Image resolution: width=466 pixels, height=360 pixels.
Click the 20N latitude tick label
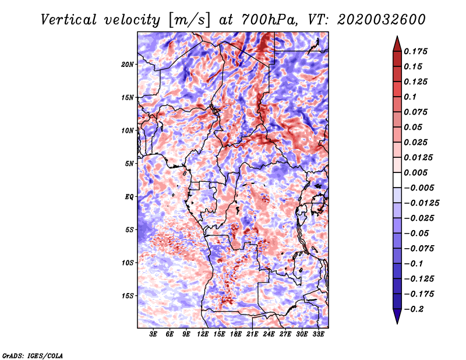coord(128,64)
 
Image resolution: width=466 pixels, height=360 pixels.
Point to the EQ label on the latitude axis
coord(129,197)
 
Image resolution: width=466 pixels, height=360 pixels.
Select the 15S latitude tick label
coord(128,296)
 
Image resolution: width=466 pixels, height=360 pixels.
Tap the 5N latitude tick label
coord(129,164)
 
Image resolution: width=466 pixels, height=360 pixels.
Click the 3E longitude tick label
coord(154,334)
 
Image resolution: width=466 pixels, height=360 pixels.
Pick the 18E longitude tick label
coord(236,334)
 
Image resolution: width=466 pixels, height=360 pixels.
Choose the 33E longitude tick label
coord(318,334)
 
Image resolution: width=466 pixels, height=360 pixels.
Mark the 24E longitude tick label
coord(269,334)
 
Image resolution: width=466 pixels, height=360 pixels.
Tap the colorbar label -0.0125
coord(422,203)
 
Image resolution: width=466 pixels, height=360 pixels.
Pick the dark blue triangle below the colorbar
coord(397,317)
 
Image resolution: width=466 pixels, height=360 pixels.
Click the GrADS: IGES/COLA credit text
coord(33,355)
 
